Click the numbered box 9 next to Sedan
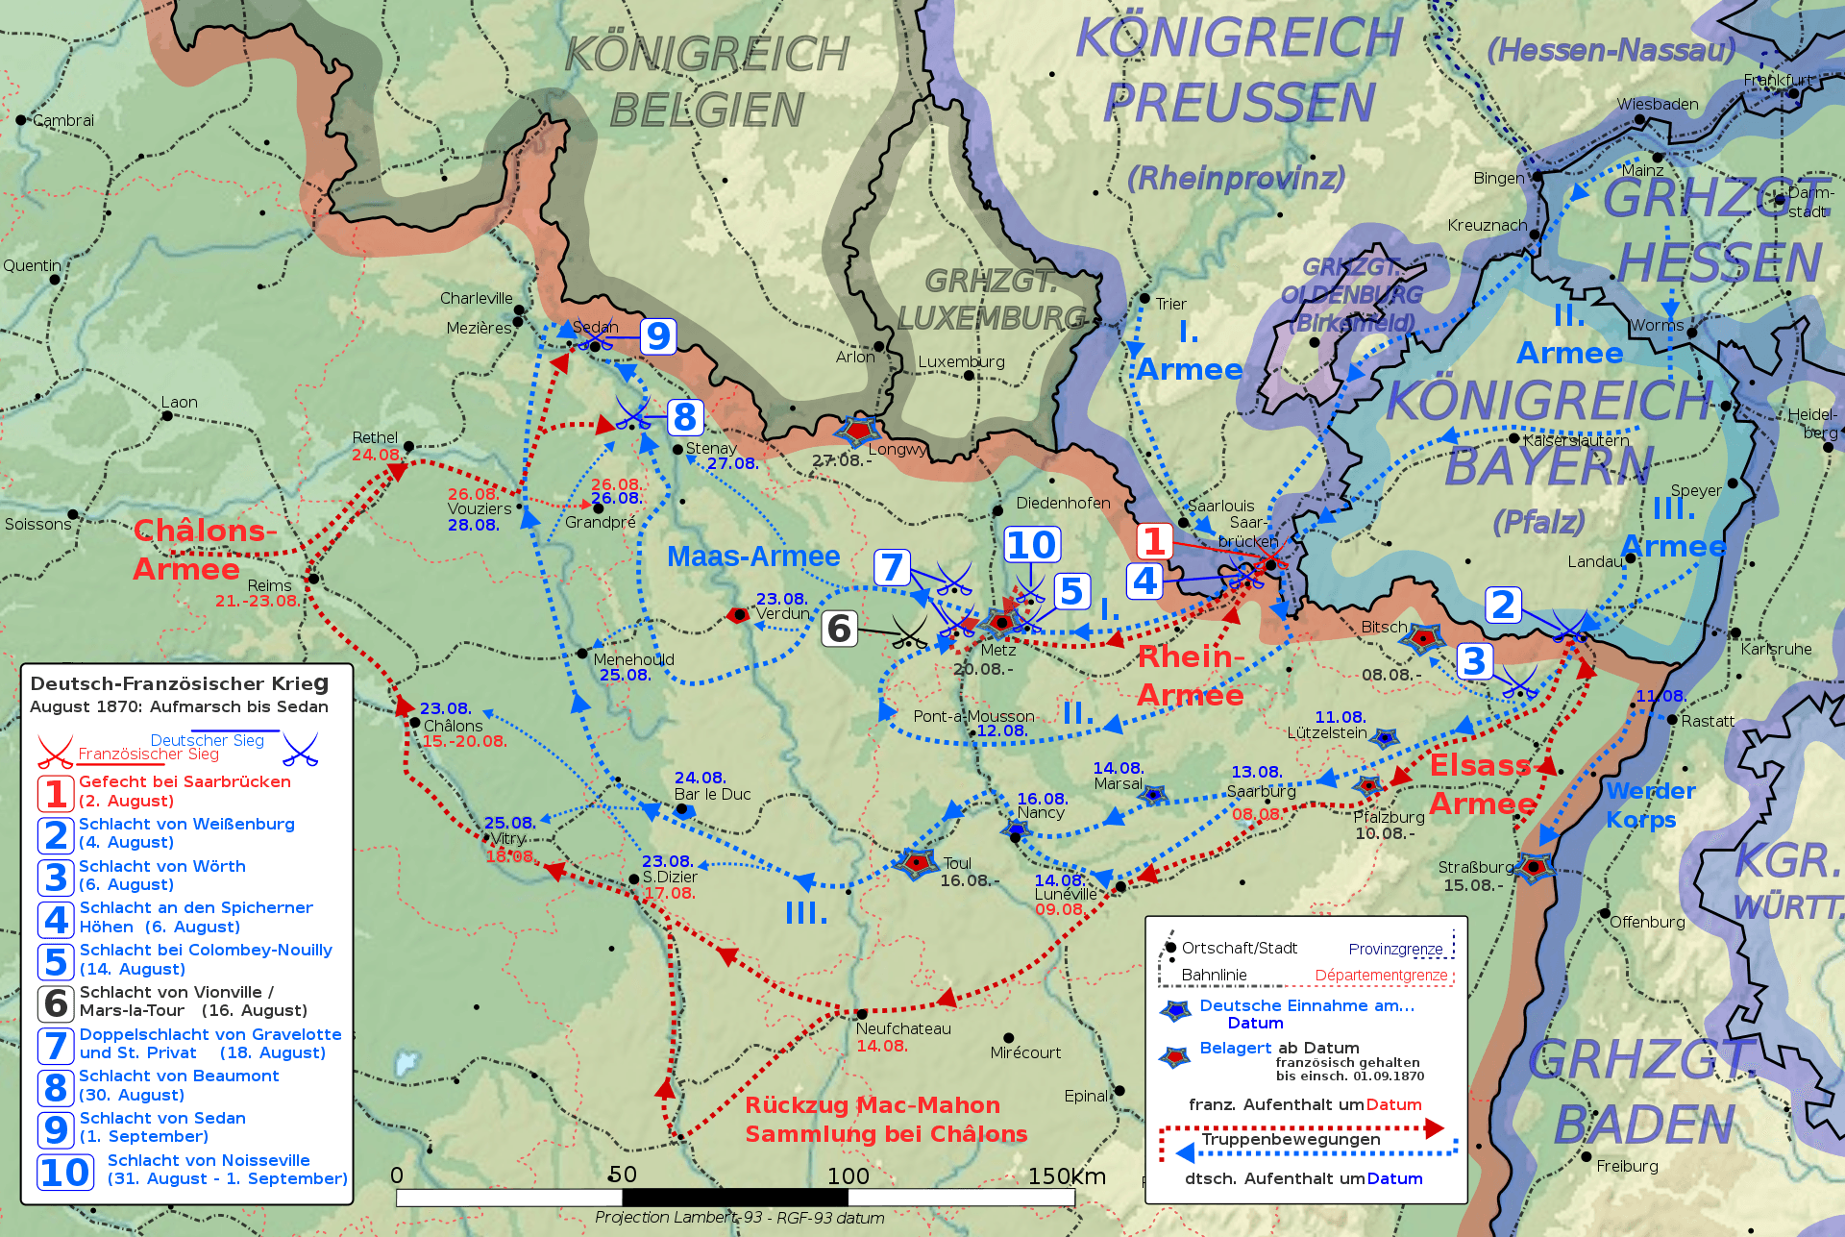click(658, 336)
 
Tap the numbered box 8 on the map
click(684, 417)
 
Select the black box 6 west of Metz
click(839, 629)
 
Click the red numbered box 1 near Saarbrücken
click(1154, 541)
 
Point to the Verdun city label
click(782, 613)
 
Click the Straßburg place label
click(1475, 867)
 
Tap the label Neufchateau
click(902, 1028)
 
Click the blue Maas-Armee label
click(753, 557)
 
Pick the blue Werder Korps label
click(1650, 805)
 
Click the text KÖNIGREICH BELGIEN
click(706, 83)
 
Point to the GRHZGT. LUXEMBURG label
click(991, 299)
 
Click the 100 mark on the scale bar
click(849, 1175)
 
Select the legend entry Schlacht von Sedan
click(162, 1118)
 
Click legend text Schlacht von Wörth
click(161, 866)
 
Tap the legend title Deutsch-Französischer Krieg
click(179, 683)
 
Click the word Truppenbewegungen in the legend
click(1291, 1139)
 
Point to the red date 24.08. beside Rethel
click(375, 455)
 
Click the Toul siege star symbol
click(916, 862)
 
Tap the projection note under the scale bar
click(739, 1218)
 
